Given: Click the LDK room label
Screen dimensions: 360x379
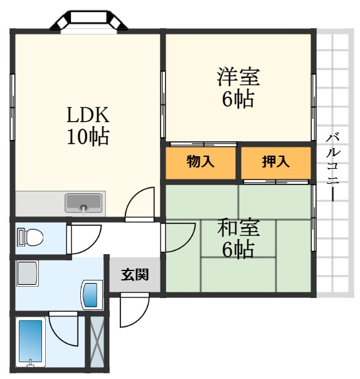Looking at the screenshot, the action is [x=88, y=115].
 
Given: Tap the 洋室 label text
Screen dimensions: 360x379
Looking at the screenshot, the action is [x=238, y=77].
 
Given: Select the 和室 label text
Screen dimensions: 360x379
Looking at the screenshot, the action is [x=238, y=227].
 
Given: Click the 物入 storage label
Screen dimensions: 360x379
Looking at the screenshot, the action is [x=200, y=161].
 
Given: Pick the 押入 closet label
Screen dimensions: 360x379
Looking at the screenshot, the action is [x=276, y=161].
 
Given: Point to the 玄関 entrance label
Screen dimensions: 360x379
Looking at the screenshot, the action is [x=135, y=275].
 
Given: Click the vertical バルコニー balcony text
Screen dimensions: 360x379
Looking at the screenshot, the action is [x=333, y=168].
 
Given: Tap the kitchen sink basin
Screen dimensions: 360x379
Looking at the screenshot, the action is [x=83, y=203].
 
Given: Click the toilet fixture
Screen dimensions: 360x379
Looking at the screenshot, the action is [x=30, y=237].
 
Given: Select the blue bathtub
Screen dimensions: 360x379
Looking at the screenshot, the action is [x=31, y=342].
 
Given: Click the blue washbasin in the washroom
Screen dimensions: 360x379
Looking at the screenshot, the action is [x=92, y=295].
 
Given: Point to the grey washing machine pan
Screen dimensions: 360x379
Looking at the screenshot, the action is [x=28, y=273].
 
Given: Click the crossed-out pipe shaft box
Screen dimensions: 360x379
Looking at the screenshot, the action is [x=97, y=343].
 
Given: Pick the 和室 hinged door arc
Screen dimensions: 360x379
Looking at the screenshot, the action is [x=188, y=245].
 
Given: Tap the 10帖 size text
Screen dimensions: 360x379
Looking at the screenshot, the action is [x=88, y=137].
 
